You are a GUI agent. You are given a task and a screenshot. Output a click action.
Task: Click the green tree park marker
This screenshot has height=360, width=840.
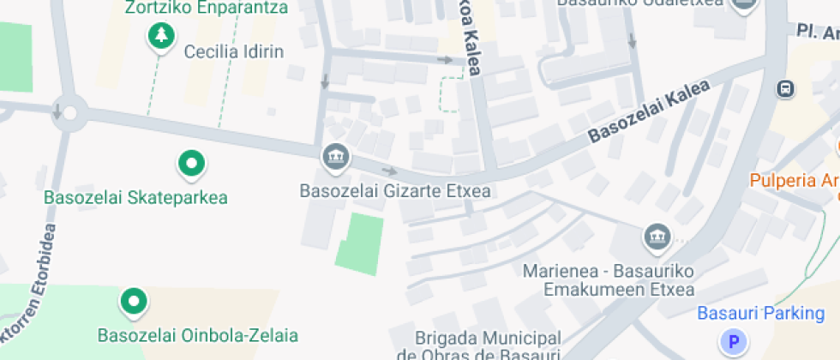160,35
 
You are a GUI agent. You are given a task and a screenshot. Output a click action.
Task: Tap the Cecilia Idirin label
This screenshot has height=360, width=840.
234,51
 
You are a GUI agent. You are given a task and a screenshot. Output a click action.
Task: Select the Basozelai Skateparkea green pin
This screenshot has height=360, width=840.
191,162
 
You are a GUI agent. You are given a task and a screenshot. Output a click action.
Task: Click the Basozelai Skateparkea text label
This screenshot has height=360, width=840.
136,198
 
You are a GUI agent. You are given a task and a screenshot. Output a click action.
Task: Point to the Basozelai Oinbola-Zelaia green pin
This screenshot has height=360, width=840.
134,301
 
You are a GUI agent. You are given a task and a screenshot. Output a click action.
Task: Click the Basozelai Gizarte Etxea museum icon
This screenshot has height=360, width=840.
333,156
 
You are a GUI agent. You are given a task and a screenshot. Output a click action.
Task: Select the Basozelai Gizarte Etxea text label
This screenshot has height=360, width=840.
395,190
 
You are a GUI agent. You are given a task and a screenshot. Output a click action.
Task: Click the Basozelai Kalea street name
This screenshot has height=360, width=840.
649,111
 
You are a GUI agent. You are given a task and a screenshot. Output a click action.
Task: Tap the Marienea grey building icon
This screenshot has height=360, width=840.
657,236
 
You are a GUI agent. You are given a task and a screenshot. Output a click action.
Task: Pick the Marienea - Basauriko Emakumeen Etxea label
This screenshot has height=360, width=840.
609,280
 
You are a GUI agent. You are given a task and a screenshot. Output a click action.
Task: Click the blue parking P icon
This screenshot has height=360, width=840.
734,343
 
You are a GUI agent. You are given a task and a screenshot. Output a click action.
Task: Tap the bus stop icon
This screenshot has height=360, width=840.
783,88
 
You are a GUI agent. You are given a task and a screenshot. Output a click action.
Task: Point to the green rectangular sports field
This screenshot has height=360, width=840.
359,243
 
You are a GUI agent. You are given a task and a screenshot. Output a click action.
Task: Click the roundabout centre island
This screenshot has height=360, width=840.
69,112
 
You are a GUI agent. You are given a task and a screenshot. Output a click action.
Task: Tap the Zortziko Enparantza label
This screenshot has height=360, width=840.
206,8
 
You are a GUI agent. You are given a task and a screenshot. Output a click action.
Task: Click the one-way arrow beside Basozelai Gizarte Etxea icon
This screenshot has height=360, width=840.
389,171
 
